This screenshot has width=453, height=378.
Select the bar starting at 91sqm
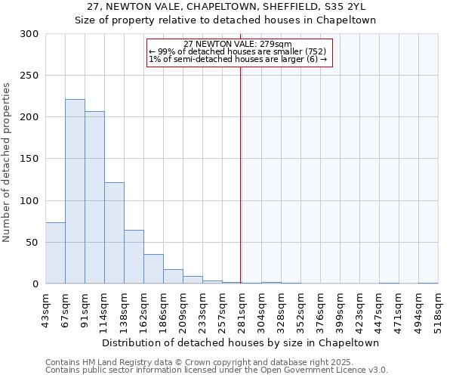pos(94,197)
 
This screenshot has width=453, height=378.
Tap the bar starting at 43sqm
pos(55,253)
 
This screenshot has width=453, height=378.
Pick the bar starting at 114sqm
pos(114,233)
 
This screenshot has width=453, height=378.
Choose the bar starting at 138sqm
pos(134,257)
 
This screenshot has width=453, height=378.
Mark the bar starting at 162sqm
pos(153,269)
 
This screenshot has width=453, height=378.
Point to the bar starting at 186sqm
pos(173,277)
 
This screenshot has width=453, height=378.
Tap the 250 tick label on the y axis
pos(29,76)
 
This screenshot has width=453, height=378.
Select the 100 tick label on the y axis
pos(29,200)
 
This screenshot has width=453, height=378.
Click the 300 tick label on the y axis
pos(29,34)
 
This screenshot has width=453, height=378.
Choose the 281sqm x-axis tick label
pos(242,311)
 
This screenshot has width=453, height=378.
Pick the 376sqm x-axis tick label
pos(320,311)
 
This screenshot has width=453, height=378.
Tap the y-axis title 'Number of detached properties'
pos(7,163)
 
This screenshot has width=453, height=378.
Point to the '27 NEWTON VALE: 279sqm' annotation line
pos(238,44)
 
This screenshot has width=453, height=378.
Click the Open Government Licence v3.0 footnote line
pos(217,370)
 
